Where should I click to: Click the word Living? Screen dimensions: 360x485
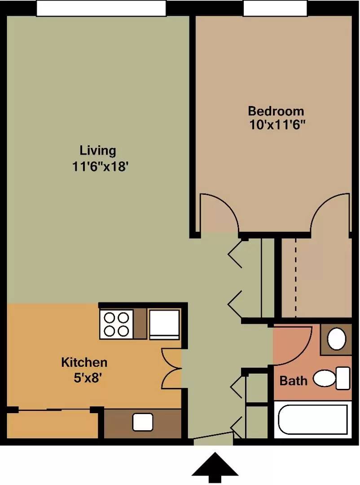98,150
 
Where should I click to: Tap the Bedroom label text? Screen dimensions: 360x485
276,111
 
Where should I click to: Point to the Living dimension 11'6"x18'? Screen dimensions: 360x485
100,167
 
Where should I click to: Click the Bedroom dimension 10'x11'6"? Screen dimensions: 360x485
277,125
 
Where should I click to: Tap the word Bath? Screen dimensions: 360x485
294,381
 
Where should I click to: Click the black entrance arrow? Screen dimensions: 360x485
215,467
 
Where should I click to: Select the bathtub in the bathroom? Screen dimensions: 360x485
313,420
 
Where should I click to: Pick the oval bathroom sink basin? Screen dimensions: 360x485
337,339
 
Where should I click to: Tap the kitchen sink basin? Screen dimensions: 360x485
143,422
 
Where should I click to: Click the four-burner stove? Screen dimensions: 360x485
116,324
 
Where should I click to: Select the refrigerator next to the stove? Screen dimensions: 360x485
164,324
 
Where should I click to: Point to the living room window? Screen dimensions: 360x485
101,8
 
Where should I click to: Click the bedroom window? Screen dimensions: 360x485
275,8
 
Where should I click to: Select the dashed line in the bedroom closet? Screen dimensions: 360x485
296,278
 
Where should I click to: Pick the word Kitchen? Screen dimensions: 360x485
84,362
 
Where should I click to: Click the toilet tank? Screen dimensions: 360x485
343,378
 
